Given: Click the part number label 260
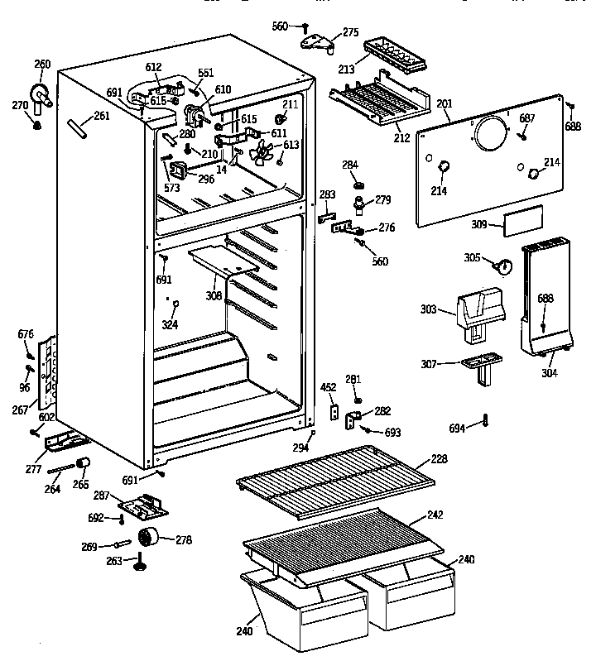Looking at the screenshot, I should (41, 65).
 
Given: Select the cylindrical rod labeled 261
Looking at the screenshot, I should (79, 128).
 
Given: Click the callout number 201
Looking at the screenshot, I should (445, 103).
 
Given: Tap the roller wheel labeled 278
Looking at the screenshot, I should (149, 538).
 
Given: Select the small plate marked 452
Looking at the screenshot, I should (334, 410).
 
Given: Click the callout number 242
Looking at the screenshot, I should (435, 515).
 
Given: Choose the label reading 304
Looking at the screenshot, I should (550, 371).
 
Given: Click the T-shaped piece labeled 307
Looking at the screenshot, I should (478, 366).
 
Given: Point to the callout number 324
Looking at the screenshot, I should (169, 325).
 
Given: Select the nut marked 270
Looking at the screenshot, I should (36, 125).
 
